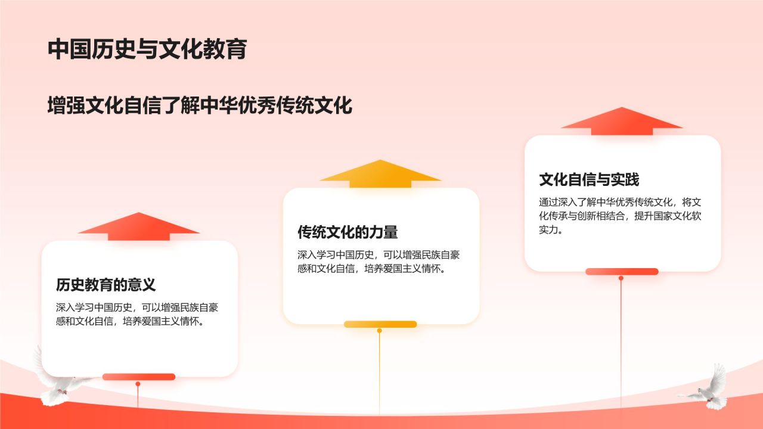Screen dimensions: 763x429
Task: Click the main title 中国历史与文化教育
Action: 147,49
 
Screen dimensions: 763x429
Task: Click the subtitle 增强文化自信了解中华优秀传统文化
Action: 200,105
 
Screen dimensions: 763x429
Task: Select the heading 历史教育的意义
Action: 106,285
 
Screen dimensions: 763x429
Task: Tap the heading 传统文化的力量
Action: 348,232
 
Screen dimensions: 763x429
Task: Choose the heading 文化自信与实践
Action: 589,179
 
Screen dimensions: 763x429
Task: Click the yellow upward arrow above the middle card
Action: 380,173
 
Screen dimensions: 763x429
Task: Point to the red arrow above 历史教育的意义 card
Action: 139,226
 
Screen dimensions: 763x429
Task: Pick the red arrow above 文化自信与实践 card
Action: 622,121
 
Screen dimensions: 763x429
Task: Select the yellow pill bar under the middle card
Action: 380,324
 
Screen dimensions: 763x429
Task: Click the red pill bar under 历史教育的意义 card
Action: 139,377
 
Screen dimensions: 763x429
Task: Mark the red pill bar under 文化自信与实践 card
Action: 622,272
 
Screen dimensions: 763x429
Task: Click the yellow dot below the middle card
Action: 380,331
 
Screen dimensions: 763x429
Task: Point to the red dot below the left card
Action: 138,384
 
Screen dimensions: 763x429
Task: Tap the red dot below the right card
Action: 621,278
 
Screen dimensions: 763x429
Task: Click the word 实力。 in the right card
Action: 551,230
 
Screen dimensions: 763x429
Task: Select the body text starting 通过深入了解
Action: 620,216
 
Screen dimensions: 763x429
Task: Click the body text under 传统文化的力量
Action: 379,262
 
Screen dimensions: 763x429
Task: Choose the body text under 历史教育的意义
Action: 137,314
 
